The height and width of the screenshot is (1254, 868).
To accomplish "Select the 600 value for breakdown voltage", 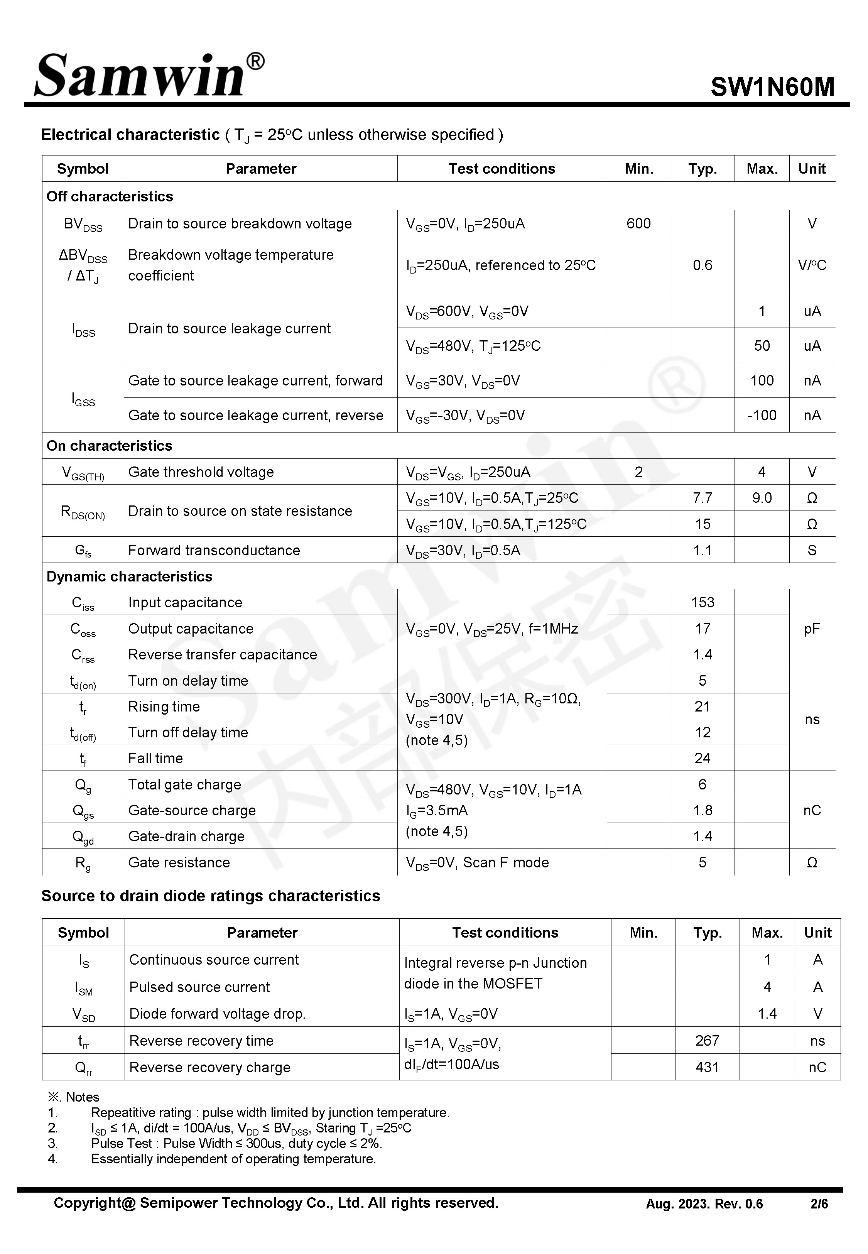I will [x=638, y=223].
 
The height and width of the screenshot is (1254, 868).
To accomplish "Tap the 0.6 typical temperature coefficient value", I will [x=702, y=265].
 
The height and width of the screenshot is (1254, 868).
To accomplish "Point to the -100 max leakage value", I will [x=762, y=416].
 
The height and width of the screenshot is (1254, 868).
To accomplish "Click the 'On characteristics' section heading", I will [x=109, y=446].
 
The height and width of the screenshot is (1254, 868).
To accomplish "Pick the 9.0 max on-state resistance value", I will [x=762, y=498].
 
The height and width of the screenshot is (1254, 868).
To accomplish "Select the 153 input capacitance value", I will [x=702, y=603].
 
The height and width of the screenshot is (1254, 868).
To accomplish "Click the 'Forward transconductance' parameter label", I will [x=214, y=550].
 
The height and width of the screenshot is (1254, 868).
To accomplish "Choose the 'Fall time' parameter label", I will [x=155, y=759].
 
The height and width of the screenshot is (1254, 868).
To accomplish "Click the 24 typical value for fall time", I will [x=702, y=759].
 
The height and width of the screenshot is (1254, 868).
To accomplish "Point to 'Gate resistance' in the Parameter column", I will [x=179, y=862].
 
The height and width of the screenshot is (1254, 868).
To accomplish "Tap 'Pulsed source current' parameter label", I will [x=199, y=987].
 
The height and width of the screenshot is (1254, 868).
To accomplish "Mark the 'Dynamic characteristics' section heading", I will [x=130, y=576].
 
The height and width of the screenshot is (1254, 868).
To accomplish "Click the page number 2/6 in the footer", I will [x=819, y=1204].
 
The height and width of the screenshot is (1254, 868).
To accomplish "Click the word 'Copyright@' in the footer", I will [x=94, y=1203].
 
